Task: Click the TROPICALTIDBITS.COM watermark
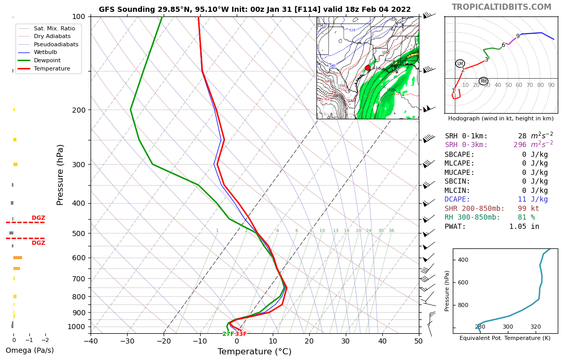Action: tap(501, 7)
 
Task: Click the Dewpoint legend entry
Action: tap(47, 60)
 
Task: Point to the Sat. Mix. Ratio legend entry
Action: tap(54, 28)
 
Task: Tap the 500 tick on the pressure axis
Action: tap(78, 233)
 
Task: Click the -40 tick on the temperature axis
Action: tap(91, 340)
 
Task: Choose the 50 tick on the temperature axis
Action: tap(418, 340)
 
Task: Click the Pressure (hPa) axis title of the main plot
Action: tap(61, 174)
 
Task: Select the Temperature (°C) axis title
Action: tap(254, 352)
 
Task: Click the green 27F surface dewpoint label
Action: tap(228, 334)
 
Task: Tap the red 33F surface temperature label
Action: tap(241, 334)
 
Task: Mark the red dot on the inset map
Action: tap(367, 68)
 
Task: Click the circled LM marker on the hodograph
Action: tap(460, 64)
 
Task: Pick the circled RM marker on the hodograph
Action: tap(483, 81)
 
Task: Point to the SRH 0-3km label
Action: tap(466, 145)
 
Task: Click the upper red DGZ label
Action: tap(38, 218)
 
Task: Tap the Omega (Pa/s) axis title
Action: tap(29, 351)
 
